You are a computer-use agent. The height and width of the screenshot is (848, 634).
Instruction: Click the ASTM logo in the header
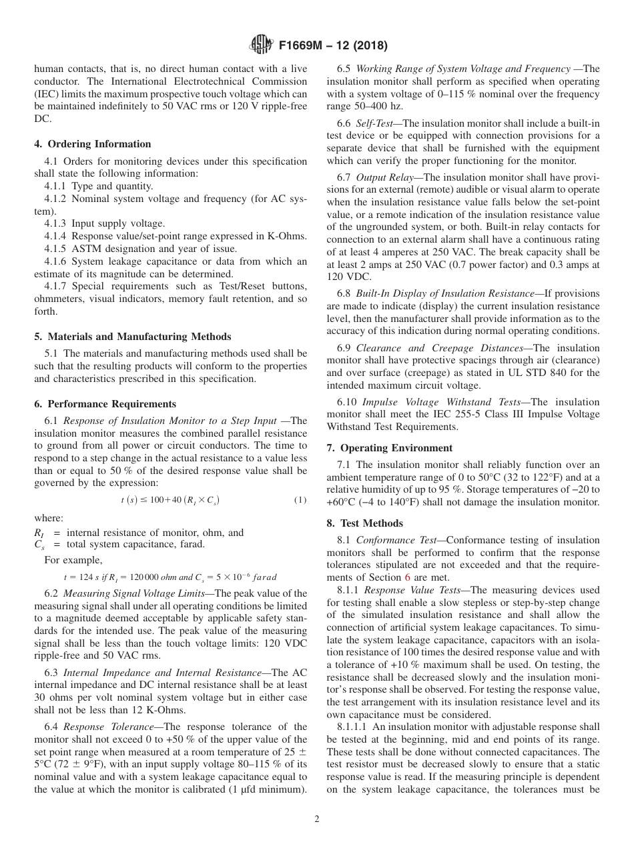(x=261, y=45)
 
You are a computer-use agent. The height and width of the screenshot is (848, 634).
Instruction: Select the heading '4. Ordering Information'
(x=93, y=144)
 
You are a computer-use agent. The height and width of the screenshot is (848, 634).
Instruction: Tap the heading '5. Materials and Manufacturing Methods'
(x=133, y=337)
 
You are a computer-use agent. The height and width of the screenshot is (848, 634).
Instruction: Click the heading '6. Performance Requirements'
(x=105, y=404)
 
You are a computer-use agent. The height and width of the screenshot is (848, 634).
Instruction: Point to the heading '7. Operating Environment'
(x=390, y=448)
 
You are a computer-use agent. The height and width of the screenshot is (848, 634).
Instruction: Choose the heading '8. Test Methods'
(x=365, y=523)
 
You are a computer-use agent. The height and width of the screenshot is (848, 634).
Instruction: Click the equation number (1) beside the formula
(x=300, y=500)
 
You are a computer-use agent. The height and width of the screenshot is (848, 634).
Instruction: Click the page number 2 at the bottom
(x=317, y=819)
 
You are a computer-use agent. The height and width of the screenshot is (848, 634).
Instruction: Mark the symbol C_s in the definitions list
(x=39, y=545)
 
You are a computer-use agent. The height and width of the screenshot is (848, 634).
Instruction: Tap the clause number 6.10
(x=347, y=402)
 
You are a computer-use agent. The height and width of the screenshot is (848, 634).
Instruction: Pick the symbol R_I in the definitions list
(x=39, y=533)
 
